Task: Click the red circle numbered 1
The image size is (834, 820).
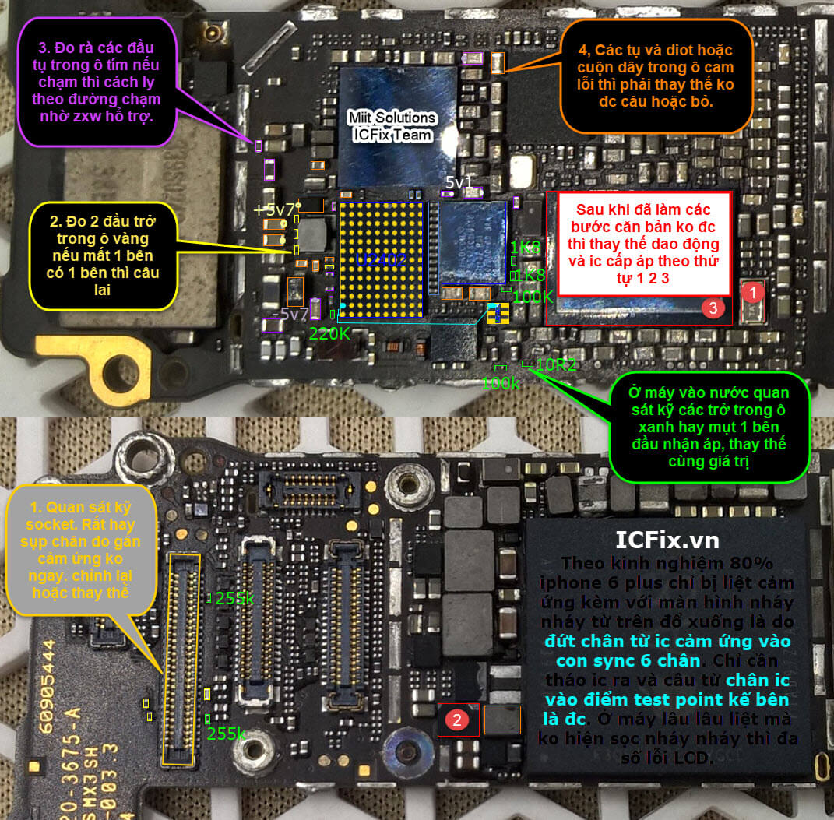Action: (751, 293)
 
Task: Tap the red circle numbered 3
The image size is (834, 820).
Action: (710, 308)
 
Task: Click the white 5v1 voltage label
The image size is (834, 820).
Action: (458, 182)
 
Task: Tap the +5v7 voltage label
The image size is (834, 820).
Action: (274, 209)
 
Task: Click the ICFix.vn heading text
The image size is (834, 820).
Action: (667, 540)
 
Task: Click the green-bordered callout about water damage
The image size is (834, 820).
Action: (709, 428)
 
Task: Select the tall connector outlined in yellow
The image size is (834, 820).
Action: (180, 658)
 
